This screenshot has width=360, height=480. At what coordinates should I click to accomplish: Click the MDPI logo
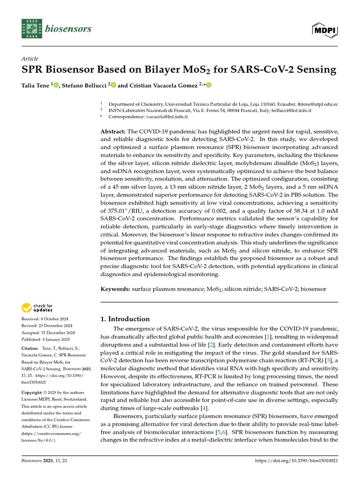[x=325, y=30]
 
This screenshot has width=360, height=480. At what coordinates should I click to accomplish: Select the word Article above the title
[x=30, y=59]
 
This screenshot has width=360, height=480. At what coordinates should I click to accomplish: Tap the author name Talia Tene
[x=36, y=85]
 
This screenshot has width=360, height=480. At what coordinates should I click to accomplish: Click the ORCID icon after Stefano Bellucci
[x=113, y=85]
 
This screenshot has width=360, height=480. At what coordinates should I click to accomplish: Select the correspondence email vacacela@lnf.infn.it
[x=166, y=116]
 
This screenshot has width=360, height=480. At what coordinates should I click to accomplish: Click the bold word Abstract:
[x=113, y=132]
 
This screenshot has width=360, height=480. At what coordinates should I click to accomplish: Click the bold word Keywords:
[x=115, y=290]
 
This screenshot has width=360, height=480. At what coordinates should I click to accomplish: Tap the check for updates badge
[x=37, y=308]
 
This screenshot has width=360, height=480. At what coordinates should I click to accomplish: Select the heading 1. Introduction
[x=125, y=319]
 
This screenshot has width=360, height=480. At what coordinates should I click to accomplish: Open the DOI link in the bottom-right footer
[x=296, y=461]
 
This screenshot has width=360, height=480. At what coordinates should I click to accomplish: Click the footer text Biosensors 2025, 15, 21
[x=45, y=461]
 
